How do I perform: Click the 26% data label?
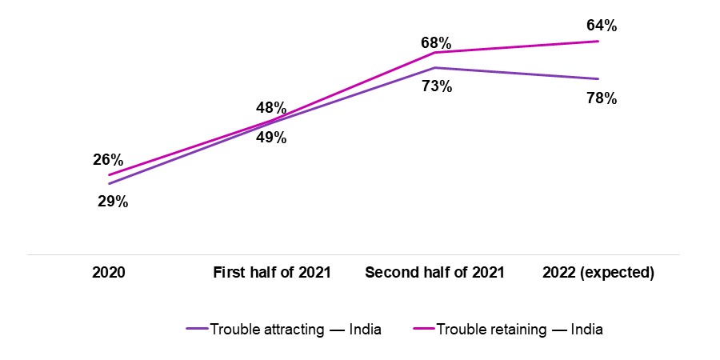coord(109,159)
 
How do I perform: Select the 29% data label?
coord(113,202)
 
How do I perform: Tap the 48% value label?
coord(271,107)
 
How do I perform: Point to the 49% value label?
coord(271,137)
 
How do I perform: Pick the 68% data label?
coord(438,41)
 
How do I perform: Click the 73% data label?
coord(438,86)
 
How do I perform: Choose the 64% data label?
coord(601,26)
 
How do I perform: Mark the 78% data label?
coord(601,98)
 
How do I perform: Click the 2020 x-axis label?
coord(109,273)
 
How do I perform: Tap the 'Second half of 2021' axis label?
coord(434,273)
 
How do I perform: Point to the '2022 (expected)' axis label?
coord(598,273)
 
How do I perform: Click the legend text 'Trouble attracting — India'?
coord(295,329)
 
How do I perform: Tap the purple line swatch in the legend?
coord(197,329)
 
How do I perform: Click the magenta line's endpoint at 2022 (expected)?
coord(598,41)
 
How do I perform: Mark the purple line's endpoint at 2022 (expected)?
coord(598,78)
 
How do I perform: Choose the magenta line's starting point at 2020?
coord(109,175)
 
